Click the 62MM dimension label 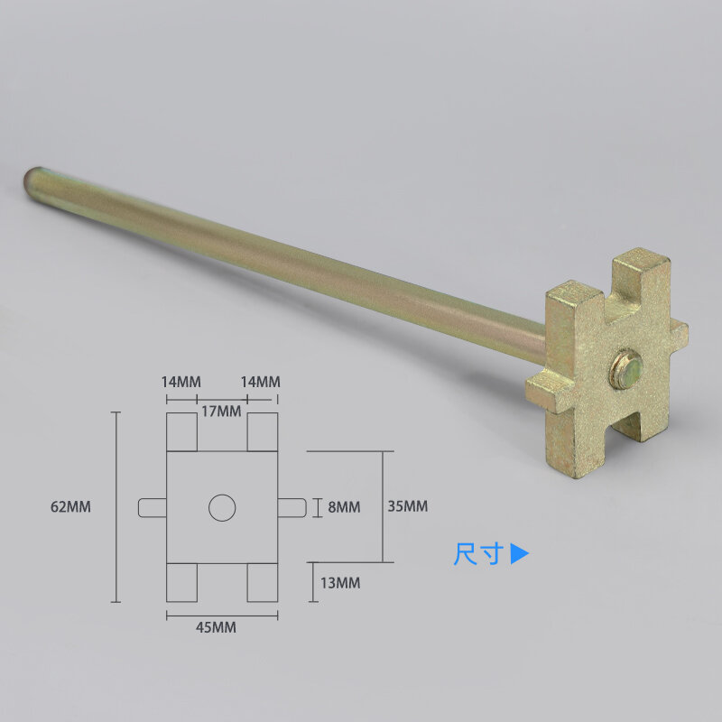tap(70, 507)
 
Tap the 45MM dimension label tap(216, 627)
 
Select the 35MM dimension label tap(408, 506)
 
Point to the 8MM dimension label tap(344, 507)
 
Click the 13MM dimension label tap(340, 583)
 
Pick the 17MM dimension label tap(221, 412)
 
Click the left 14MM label tap(181, 382)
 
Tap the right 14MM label tap(261, 382)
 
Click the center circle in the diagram tap(222, 508)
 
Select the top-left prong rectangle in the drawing tap(181, 432)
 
